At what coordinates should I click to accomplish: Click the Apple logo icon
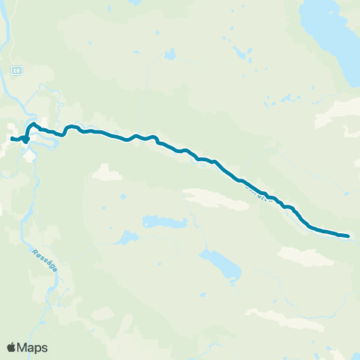[12, 347]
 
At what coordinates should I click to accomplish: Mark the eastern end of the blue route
[348, 236]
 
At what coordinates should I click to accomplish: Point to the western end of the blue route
[12, 138]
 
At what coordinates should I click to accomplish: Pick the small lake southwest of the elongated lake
[124, 239]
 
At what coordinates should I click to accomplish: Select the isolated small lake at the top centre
[170, 55]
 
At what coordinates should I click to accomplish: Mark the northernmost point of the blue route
[34, 123]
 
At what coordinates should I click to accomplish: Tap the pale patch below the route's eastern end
[307, 256]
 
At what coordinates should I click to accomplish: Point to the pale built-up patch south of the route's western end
[31, 155]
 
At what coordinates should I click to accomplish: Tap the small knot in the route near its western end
[25, 139]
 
